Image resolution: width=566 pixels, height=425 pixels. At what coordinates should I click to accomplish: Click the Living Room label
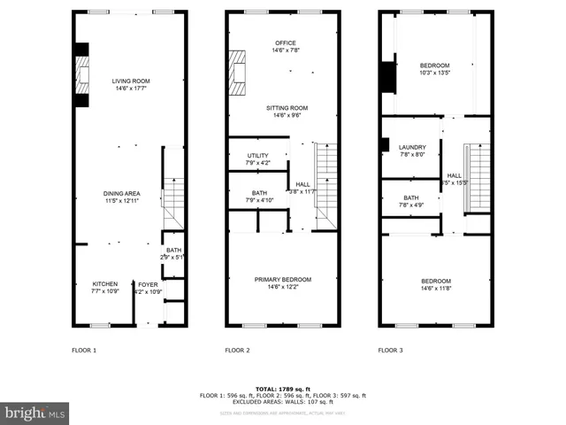(x=129, y=85)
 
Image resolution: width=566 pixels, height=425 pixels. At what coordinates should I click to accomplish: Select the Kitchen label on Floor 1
(x=104, y=287)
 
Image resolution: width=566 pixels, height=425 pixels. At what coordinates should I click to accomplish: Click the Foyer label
(x=147, y=287)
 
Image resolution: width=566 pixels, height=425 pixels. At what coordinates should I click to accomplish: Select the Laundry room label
(x=412, y=151)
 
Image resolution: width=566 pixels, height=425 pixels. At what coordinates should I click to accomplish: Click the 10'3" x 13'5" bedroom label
(x=434, y=69)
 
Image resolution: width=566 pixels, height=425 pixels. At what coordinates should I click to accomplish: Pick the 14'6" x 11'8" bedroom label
(x=434, y=284)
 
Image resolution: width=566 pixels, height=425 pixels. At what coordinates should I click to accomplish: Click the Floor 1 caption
(x=84, y=351)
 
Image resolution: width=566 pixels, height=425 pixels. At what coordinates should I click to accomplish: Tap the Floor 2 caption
(x=237, y=351)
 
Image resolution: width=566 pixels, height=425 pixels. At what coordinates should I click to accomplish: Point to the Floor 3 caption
(x=390, y=351)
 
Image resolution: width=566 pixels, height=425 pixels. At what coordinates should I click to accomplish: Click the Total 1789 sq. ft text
(x=283, y=389)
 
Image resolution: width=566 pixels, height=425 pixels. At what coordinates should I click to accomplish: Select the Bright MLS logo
(x=35, y=413)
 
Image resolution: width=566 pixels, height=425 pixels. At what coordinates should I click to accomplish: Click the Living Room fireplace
(x=81, y=75)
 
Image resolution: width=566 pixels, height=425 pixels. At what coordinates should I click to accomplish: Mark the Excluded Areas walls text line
(x=283, y=401)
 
